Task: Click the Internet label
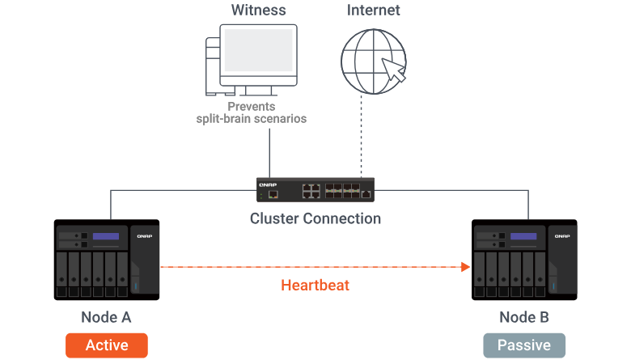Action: [374, 11]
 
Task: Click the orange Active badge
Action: [107, 345]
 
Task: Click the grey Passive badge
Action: [524, 345]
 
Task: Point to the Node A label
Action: [106, 317]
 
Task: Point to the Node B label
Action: [524, 317]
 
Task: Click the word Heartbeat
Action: [315, 286]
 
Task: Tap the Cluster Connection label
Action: [315, 218]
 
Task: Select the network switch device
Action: [315, 190]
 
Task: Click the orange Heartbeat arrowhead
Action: [465, 267]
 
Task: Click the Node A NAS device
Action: [107, 259]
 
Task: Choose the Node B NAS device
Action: [524, 259]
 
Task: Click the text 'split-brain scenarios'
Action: [251, 119]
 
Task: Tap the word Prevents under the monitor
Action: [251, 107]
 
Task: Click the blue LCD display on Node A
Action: [106, 236]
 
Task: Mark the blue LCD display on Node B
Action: [523, 236]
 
